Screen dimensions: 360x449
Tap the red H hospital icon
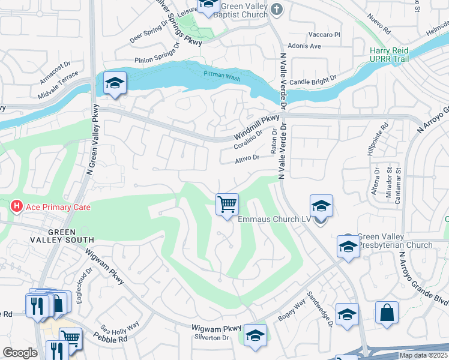(x=17, y=207)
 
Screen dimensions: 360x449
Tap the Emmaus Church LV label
(x=274, y=220)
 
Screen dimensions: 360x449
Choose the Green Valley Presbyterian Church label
(x=394, y=241)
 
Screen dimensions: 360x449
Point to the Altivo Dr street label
(x=247, y=158)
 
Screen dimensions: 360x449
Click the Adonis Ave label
(x=323, y=46)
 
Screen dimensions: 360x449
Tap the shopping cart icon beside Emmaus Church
(x=227, y=205)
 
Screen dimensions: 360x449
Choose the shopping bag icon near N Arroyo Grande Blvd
(x=387, y=313)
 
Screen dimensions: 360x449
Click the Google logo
(x=20, y=353)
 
